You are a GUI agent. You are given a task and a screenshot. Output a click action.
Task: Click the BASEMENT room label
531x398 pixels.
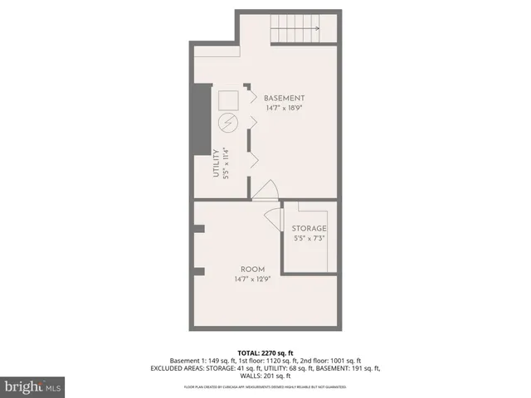click(285, 98)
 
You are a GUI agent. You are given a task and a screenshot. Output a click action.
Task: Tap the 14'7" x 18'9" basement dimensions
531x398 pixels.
click(285, 109)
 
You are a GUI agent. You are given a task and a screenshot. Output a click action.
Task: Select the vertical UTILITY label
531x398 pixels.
click(216, 163)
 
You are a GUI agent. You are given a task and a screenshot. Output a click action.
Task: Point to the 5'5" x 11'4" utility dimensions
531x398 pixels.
click(226, 163)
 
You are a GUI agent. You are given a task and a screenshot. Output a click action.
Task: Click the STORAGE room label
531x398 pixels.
click(309, 229)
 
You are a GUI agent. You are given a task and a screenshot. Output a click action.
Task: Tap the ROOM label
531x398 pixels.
click(252, 269)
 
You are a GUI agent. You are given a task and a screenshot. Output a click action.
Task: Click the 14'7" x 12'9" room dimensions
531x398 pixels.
click(252, 280)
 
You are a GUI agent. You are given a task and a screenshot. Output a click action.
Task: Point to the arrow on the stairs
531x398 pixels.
click(316, 29)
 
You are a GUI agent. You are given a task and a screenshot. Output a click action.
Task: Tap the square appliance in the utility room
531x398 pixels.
click(228, 101)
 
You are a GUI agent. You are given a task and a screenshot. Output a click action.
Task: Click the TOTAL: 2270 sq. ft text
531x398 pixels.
click(265, 352)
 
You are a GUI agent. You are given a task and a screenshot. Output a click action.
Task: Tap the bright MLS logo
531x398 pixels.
click(33, 386)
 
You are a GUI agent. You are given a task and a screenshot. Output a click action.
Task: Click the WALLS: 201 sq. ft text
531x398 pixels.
click(265, 376)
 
